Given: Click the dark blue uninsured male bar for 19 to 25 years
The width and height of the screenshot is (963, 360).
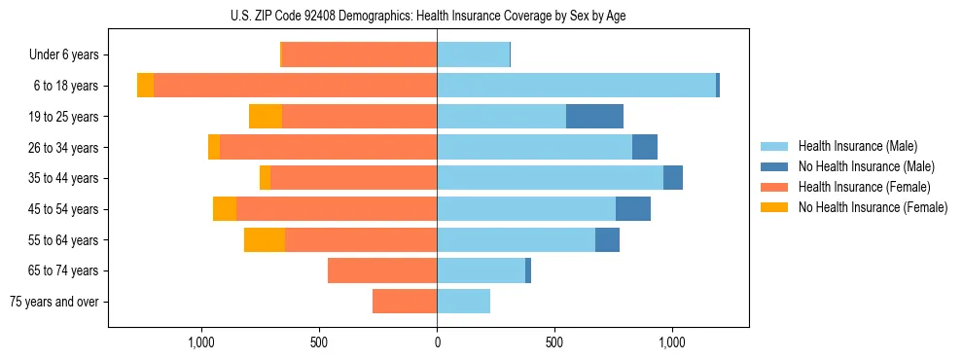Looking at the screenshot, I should (594, 117).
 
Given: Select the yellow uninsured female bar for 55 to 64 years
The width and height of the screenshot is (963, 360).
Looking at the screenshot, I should (265, 240).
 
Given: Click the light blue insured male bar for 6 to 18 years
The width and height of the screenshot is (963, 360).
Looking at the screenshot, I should (576, 86).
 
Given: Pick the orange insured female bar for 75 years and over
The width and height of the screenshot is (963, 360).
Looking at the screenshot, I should (405, 302).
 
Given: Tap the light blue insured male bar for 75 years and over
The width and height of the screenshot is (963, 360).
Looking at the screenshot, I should (463, 302).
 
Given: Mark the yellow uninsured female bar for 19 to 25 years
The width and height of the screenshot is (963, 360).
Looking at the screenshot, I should (266, 117).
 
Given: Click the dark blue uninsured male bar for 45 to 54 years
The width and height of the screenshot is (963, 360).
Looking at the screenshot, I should (633, 209).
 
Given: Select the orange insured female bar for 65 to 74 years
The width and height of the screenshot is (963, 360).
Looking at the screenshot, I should (382, 270).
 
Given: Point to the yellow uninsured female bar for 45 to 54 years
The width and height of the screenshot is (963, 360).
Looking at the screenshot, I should (225, 209).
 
